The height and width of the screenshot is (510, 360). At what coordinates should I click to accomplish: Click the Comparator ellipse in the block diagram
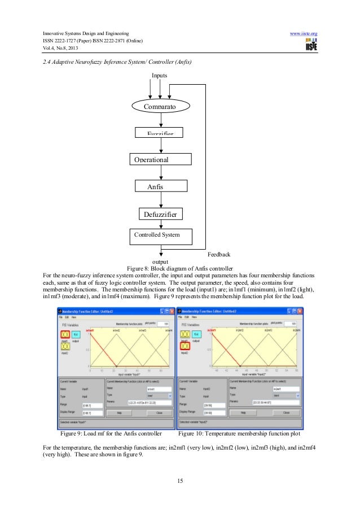tap(161, 106)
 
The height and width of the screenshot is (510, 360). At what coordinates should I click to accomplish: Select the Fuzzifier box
tap(161, 132)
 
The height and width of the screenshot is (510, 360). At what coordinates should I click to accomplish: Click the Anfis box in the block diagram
tap(161, 186)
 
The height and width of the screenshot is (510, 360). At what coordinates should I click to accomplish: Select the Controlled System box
tap(161, 235)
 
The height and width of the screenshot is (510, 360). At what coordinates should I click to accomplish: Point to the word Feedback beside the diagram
tap(219, 255)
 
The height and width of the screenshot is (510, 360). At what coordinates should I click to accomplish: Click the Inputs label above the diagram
tap(160, 75)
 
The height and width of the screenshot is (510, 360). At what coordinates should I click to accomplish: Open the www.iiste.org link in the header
tap(304, 33)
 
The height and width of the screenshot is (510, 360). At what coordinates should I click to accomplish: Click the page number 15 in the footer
tap(180, 481)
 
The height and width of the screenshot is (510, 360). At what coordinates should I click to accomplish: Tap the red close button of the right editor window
tap(298, 311)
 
